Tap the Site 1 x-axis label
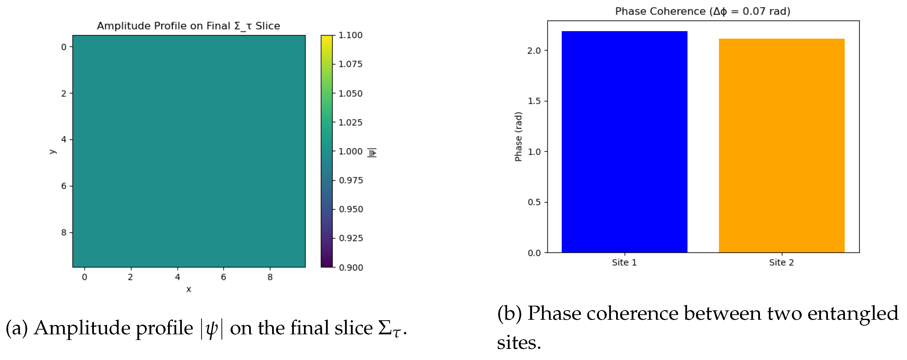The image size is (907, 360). [x=624, y=262]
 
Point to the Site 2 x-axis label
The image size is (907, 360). [x=781, y=262]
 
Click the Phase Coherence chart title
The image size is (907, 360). [x=702, y=11]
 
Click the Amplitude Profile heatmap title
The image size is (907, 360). [x=188, y=26]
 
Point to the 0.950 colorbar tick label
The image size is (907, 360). [x=351, y=209]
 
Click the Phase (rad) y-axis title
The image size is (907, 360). [x=518, y=137]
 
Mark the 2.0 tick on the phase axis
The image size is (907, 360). [x=534, y=51]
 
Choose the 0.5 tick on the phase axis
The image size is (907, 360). [x=534, y=202]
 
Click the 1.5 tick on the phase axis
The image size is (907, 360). [x=534, y=101]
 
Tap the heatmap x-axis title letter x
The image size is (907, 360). [x=189, y=289]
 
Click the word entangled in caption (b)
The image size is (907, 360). [x=853, y=313]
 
